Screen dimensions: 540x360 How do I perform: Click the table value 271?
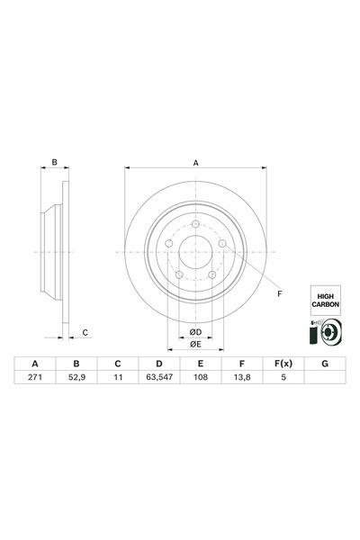coord(35,378)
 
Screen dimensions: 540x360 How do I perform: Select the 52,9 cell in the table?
coord(76,378)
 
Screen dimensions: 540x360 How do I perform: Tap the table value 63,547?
coord(158,378)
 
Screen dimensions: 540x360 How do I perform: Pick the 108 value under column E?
coord(200,378)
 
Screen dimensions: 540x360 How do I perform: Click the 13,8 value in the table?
coord(241,378)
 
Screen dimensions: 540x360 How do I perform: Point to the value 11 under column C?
coord(117,378)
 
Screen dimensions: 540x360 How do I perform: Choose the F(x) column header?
coord(283,363)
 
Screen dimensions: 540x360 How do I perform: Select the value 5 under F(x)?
coord(283,378)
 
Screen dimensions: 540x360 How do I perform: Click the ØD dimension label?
coord(195,332)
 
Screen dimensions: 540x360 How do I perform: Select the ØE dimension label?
coord(195,345)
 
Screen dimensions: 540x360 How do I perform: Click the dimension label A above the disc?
coord(195,163)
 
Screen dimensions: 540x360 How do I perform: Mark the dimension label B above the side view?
coord(54,163)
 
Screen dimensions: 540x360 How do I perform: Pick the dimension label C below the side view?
coord(85,332)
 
